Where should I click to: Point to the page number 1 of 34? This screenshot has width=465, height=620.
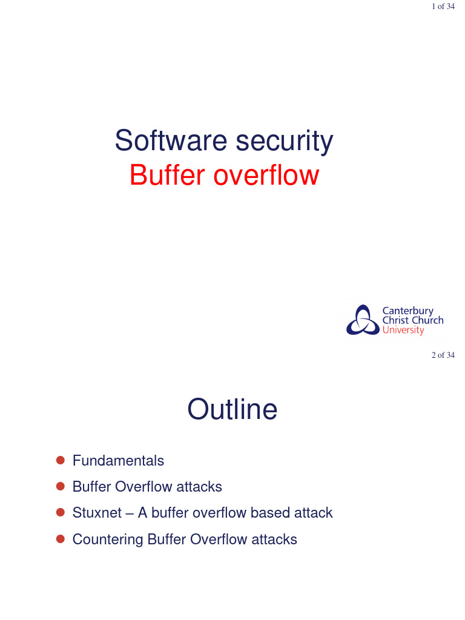[443, 7]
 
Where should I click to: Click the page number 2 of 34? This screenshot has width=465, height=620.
[443, 355]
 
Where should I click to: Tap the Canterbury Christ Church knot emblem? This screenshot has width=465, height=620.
[362, 320]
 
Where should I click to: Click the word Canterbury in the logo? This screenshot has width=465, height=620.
[407, 311]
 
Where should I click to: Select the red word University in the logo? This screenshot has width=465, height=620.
[403, 331]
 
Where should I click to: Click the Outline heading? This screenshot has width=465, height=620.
[232, 410]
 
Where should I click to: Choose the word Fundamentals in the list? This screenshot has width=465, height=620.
[118, 461]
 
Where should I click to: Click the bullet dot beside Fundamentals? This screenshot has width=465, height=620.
[60, 461]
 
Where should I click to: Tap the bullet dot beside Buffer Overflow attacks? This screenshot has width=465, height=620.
[60, 486]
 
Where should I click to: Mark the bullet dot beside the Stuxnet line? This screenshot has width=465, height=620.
[60, 513]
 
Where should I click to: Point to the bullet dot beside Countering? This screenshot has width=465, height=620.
[60, 539]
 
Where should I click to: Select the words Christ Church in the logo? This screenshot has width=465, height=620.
[413, 320]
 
